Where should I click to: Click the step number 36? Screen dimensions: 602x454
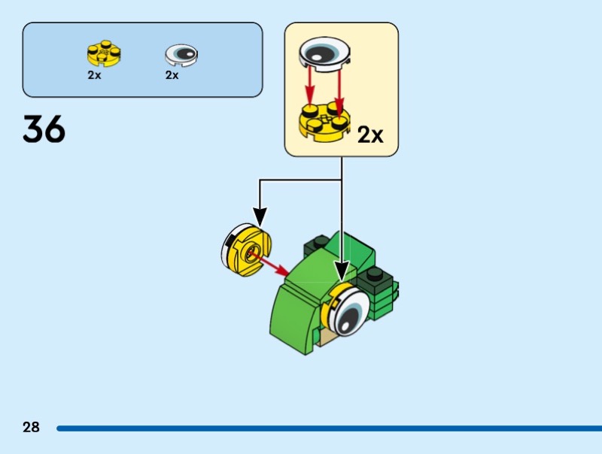point(44,129)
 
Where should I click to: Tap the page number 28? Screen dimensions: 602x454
point(31,428)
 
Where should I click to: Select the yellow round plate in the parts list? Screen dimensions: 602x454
point(105,54)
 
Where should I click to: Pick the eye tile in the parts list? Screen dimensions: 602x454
point(181,53)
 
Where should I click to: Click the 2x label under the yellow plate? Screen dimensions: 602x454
point(94,75)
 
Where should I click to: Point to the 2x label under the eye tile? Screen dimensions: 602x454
point(172,75)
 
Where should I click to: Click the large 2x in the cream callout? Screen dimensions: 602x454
point(369,135)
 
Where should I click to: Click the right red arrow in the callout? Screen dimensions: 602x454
point(339,89)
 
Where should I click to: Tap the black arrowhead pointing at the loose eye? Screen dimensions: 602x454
point(260,218)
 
